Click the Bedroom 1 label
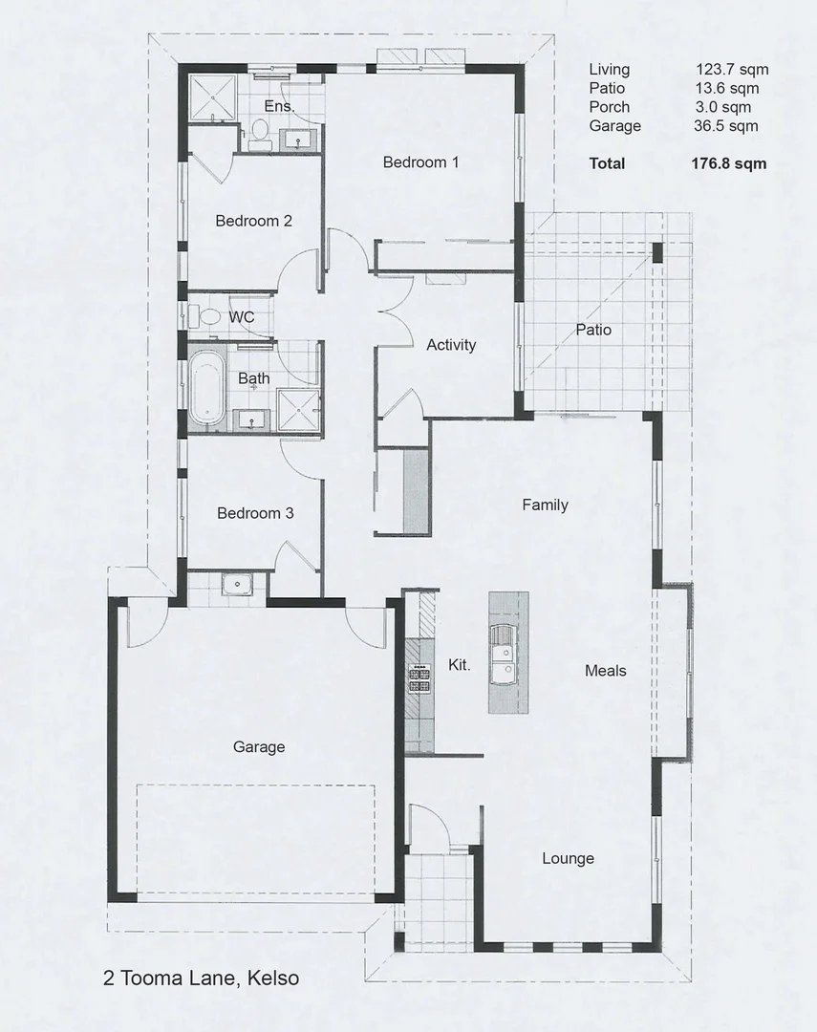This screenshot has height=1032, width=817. point(420,162)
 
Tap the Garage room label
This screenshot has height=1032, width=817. point(259,747)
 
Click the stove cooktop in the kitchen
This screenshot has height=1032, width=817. point(419,677)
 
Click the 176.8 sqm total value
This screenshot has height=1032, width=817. point(728,163)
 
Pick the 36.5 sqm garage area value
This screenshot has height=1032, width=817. point(725,126)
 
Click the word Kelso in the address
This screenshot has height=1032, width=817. point(272,978)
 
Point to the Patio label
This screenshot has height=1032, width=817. point(593,330)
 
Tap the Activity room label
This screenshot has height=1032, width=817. point(451,345)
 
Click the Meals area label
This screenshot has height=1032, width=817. point(606,671)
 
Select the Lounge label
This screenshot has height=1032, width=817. point(569,858)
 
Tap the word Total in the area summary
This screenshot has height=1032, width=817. point(607,163)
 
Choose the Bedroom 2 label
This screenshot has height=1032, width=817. point(253,221)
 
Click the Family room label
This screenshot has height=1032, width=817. point(545,505)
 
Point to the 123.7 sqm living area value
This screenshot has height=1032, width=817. point(732,70)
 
